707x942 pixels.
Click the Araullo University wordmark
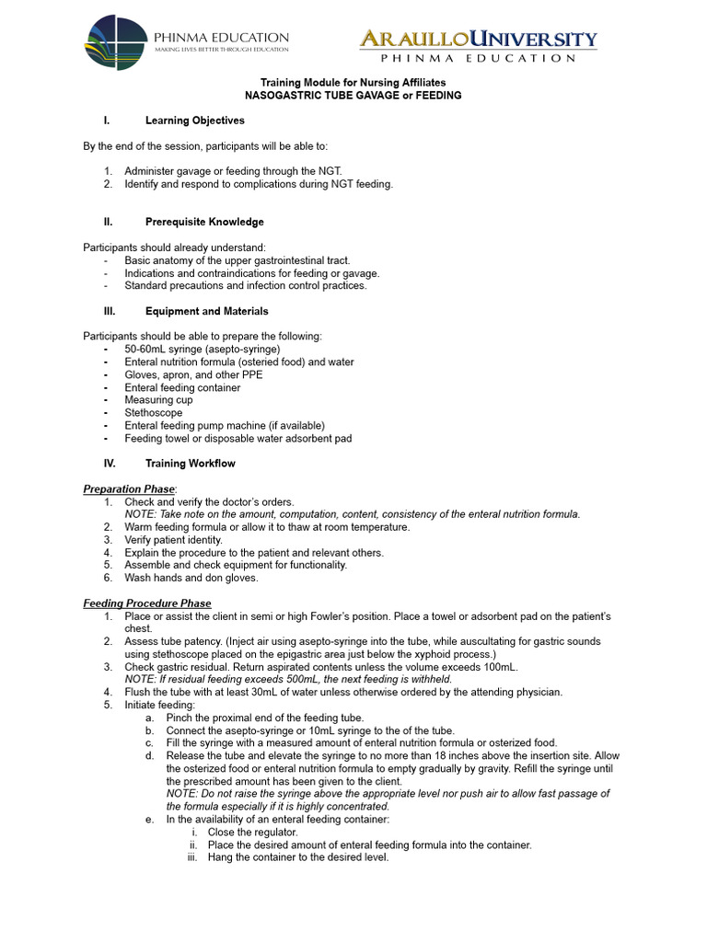(477, 40)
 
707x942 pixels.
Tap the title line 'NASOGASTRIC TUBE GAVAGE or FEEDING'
(353, 96)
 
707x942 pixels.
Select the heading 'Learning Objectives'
(194, 121)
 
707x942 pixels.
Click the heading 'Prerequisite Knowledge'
(204, 222)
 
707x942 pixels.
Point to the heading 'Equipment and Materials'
(206, 311)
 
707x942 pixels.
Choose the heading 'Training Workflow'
(190, 464)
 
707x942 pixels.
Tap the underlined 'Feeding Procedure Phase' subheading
(147, 603)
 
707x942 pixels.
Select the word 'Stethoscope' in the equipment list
(153, 413)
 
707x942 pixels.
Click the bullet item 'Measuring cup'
(158, 400)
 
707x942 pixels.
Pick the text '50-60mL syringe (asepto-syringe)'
(202, 350)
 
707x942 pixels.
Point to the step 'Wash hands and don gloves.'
(191, 578)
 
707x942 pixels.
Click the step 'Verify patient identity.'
(174, 540)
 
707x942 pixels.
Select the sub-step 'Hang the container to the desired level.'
(298, 857)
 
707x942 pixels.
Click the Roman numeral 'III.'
(108, 311)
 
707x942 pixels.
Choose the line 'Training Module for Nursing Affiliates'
(353, 82)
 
